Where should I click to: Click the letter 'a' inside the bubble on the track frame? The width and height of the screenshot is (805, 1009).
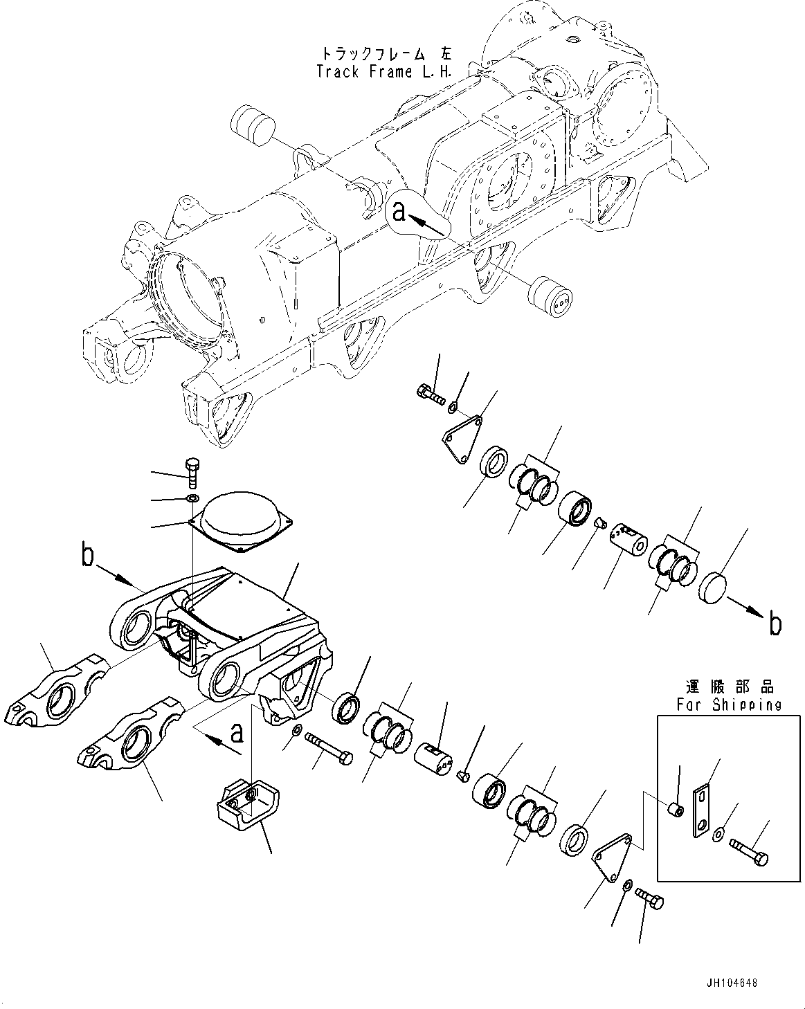(399, 211)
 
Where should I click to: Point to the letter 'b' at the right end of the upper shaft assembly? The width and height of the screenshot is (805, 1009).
(775, 624)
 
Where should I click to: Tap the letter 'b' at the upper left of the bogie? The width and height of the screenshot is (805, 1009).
(87, 557)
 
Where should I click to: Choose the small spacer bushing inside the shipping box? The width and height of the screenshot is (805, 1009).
(676, 809)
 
